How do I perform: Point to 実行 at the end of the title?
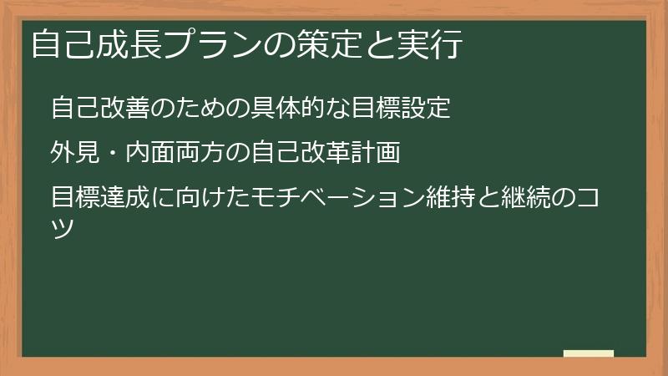pyautogui.click(x=433, y=44)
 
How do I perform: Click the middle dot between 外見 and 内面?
pyautogui.click(x=113, y=154)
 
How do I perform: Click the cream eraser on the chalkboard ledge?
pyautogui.click(x=589, y=353)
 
